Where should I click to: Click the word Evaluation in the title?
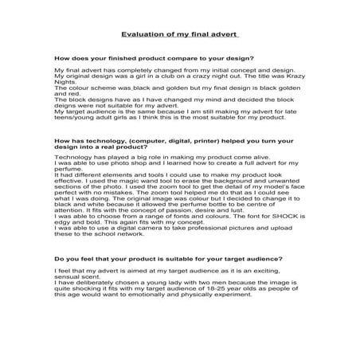tap(139, 35)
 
